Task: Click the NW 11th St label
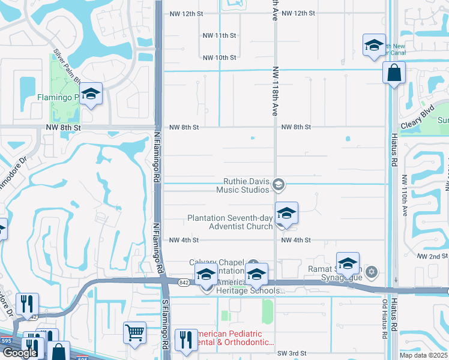(219, 35)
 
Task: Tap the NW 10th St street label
(219, 58)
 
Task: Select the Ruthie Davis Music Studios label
(246, 185)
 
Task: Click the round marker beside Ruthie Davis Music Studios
(278, 185)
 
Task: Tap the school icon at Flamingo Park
(91, 94)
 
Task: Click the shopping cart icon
(135, 331)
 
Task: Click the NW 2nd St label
(432, 256)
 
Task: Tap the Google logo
(19, 353)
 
